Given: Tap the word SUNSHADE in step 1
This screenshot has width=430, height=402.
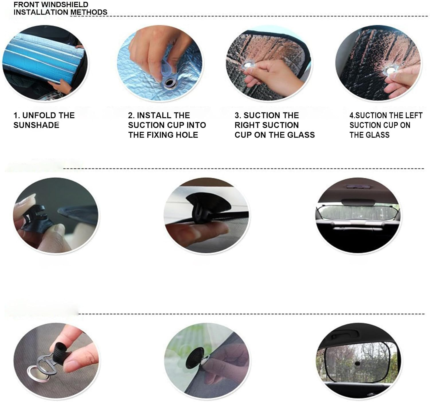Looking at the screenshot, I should tap(36, 125).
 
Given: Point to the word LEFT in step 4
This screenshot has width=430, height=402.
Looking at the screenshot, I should tap(414, 115).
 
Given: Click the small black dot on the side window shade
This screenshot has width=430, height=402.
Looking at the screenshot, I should tap(357, 363).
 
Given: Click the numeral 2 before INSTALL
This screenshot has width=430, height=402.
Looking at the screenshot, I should tap(130, 115).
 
